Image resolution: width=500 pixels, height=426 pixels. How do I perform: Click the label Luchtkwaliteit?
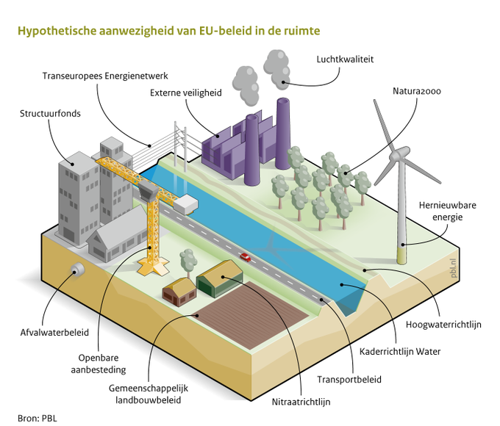click(x=346, y=59)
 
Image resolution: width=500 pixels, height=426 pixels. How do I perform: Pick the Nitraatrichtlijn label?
click(x=301, y=402)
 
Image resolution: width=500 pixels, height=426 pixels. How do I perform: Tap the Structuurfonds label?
click(x=51, y=114)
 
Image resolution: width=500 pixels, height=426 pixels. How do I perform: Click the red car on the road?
click(x=244, y=257)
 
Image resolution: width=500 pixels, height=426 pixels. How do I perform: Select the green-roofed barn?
click(x=218, y=279)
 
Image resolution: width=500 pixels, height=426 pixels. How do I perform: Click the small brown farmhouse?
click(x=179, y=291)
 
